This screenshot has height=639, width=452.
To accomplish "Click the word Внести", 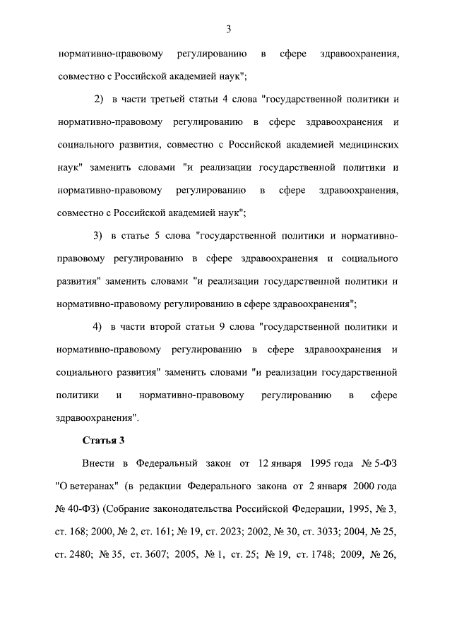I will coord(97,463).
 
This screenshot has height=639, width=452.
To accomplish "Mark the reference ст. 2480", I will coord(72,555).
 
